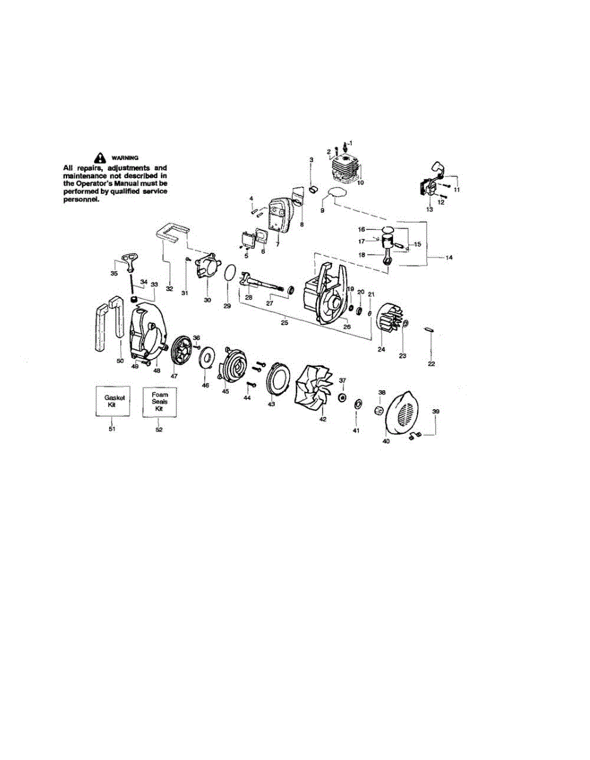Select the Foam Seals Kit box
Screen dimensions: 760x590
point(160,400)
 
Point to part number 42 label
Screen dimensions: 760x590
point(322,419)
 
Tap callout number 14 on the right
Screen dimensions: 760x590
point(449,258)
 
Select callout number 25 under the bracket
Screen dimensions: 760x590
point(284,322)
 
